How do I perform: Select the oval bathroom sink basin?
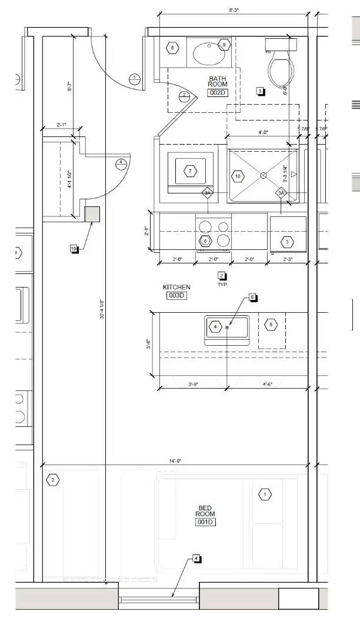tap(209, 54)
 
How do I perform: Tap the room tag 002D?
tap(218, 93)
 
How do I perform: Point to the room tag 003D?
tap(176, 296)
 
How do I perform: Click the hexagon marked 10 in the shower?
tap(238, 176)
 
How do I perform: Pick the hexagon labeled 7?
tap(190, 171)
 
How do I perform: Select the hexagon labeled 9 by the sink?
tap(224, 45)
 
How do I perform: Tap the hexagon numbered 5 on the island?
tap(271, 324)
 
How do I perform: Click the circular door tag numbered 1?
tap(134, 78)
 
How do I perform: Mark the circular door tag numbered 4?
tap(121, 162)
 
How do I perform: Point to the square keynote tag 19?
tap(74, 249)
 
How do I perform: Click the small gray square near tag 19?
tap(92, 214)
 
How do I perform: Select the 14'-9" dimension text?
tap(173, 462)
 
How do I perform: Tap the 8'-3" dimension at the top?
tap(234, 10)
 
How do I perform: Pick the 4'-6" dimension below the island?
tap(268, 384)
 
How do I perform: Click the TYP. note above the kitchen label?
tap(222, 284)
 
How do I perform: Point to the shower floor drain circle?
tap(264, 175)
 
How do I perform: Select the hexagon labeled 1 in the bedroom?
tap(265, 494)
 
